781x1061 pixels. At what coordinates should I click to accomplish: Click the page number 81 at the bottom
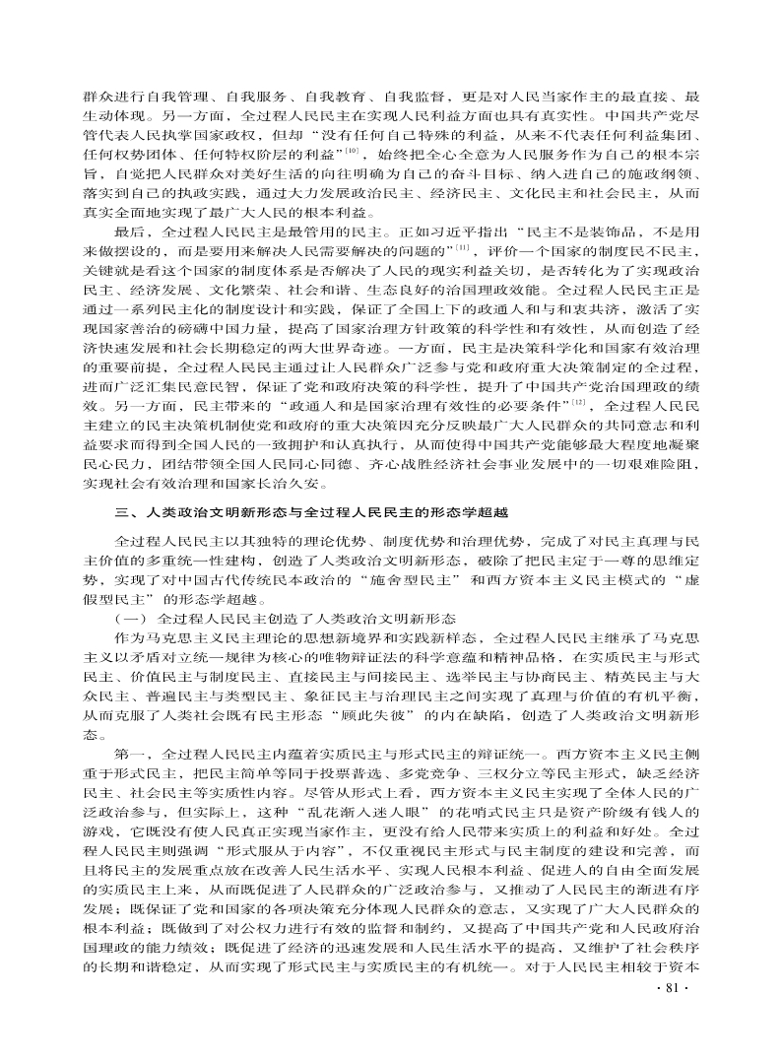681,1015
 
